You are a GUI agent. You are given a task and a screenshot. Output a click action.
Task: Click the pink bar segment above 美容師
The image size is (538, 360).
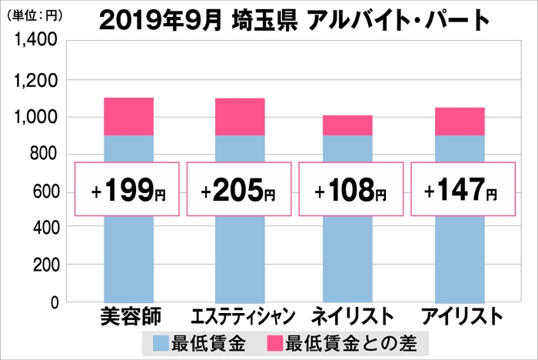(x=128, y=116)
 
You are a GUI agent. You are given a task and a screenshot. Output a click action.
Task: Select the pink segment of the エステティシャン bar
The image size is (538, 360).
(x=239, y=117)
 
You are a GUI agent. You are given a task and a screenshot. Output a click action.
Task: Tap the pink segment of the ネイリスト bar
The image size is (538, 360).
(x=348, y=125)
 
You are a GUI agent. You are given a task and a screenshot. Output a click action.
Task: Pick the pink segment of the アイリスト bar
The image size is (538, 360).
(x=460, y=122)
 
